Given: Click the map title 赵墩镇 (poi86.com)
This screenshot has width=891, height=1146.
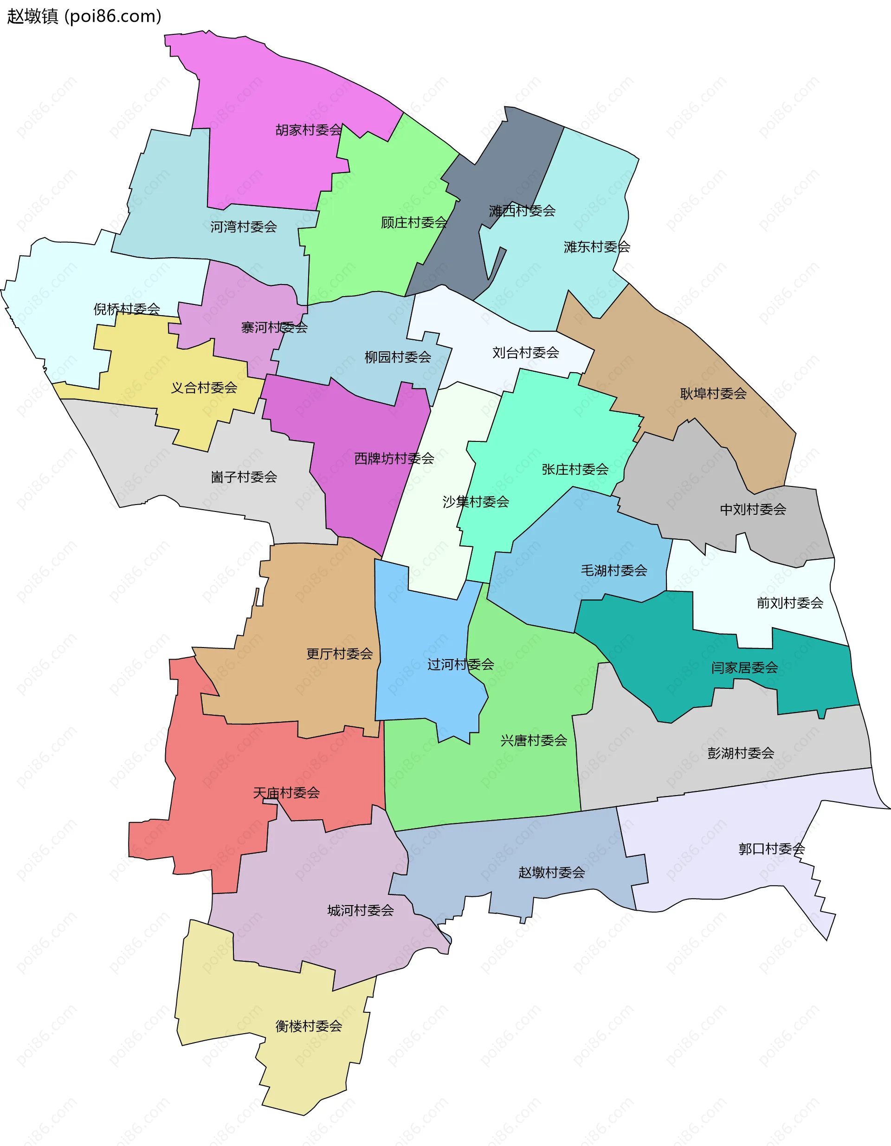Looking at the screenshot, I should (84, 16).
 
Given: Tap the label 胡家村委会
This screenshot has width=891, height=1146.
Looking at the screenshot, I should (309, 129).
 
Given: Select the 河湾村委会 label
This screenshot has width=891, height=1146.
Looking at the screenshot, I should (244, 227).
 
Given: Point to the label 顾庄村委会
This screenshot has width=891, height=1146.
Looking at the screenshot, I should (414, 222).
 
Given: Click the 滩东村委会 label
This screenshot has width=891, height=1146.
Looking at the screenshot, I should (597, 246).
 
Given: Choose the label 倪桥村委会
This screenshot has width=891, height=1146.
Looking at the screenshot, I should (127, 309).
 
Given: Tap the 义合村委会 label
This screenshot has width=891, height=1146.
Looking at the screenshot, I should (204, 388).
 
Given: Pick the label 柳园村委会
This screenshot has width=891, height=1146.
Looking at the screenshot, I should (398, 357).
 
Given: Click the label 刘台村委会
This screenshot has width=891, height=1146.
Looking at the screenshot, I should (526, 353).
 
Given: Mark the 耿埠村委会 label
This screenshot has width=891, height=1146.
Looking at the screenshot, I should (713, 394).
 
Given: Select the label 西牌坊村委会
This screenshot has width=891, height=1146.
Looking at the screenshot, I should (394, 459).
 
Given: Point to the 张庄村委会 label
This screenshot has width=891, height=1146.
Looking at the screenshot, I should (575, 469).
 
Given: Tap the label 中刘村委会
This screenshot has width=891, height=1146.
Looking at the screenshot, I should (753, 509).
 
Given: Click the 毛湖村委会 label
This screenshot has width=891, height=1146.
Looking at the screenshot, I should (614, 570).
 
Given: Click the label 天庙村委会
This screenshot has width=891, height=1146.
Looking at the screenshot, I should (286, 793).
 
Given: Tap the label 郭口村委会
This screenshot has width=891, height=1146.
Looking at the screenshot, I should (771, 848).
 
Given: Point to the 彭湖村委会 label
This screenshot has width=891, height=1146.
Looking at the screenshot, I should (740, 753).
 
